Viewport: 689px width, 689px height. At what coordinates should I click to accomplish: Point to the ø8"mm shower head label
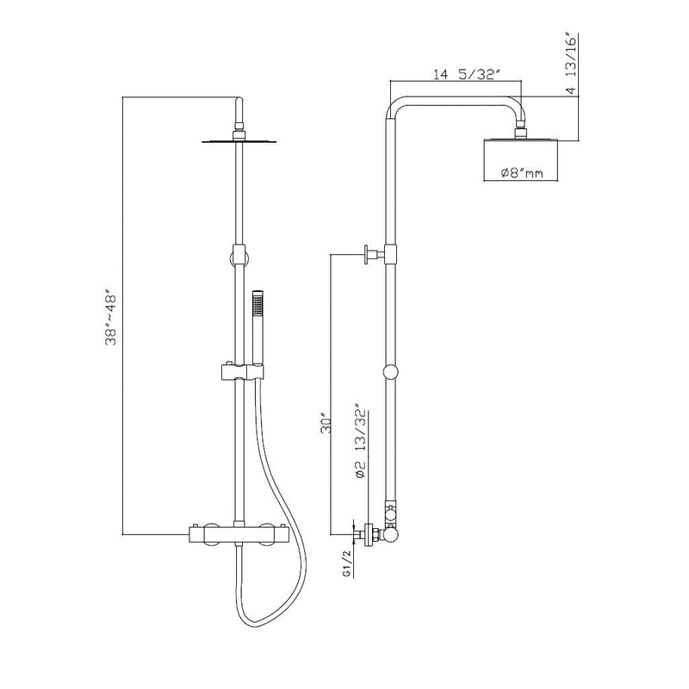tap(522, 173)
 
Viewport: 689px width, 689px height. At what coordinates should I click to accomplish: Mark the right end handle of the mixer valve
tap(280, 534)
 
